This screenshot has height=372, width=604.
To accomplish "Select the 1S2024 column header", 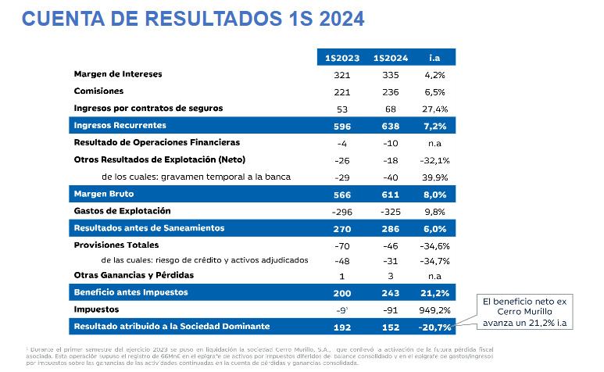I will [x=391, y=57].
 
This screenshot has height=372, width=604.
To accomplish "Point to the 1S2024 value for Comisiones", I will [x=391, y=91].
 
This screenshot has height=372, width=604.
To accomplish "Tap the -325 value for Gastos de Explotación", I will [x=391, y=211].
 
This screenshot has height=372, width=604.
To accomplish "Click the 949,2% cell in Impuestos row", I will [x=434, y=309].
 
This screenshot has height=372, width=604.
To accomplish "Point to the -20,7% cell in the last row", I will [x=434, y=327].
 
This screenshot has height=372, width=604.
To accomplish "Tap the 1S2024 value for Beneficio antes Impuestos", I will [x=391, y=292].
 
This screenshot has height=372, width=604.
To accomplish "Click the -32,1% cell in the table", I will [x=434, y=159].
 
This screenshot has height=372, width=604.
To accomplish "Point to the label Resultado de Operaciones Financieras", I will [x=167, y=142].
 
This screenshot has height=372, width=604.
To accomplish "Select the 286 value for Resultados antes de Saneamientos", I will [x=391, y=228].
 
